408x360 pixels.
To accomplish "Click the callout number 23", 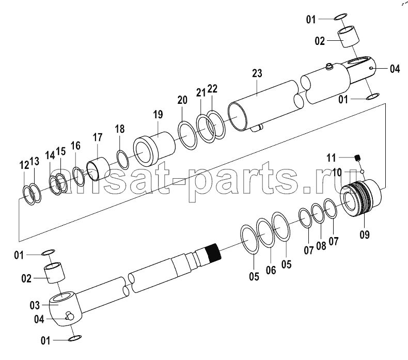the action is click(257, 73).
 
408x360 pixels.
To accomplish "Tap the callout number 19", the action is click(158, 115).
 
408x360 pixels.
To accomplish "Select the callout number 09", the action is click(365, 235).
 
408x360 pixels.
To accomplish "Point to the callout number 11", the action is click(331, 158).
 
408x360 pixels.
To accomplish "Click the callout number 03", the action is click(35, 305).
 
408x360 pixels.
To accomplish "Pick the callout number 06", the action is click(271, 270).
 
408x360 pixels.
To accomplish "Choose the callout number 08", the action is click(321, 245).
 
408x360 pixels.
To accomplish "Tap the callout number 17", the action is click(98, 137).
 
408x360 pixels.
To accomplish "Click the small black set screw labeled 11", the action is click(358, 158).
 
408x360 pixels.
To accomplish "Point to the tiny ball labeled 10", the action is click(362, 171).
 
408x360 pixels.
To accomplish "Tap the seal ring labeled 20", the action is click(187, 135).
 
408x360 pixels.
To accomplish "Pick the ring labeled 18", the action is click(122, 159).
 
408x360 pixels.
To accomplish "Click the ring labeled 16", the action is click(79, 177).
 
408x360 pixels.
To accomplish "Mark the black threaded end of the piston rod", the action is click(213, 252).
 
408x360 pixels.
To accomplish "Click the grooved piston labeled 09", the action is click(361, 197).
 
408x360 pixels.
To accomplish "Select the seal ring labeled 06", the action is click(265, 232).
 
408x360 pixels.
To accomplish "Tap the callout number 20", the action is click(182, 100).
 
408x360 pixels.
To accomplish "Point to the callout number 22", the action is click(212, 89).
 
